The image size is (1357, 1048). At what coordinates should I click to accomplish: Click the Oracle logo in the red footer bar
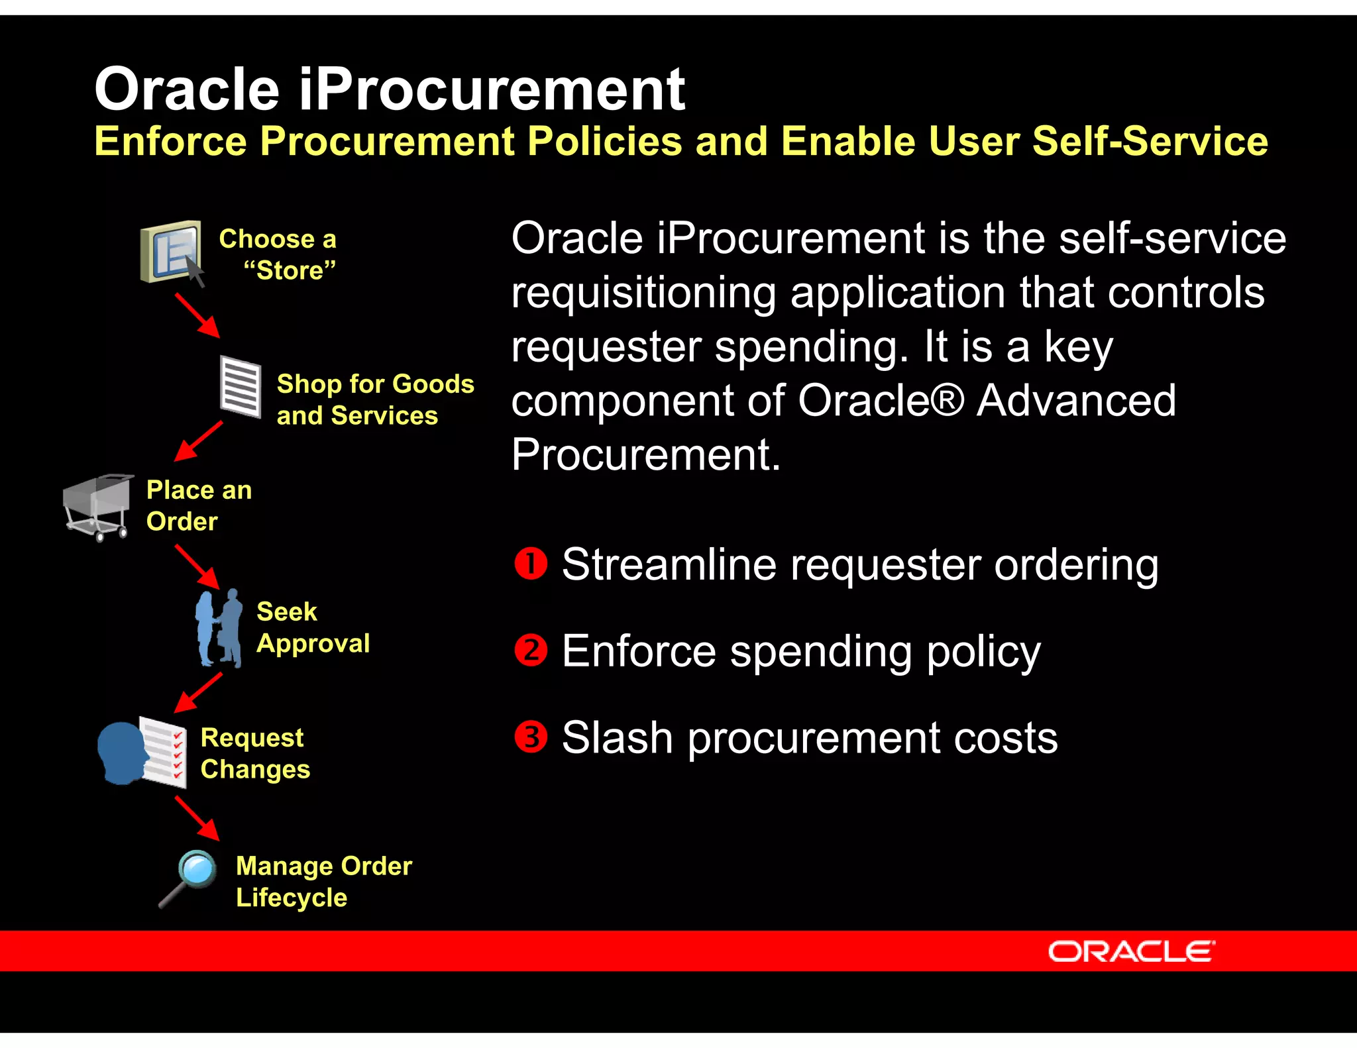coord(1131,951)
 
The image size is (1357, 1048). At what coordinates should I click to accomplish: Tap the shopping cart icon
coord(97,507)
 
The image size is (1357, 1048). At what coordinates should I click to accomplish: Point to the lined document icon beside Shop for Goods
coord(241,387)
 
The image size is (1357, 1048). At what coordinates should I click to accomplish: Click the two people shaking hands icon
coord(219,627)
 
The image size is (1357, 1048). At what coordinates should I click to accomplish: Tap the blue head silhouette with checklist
coord(142,752)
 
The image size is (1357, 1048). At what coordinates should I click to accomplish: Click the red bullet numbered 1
coord(531,564)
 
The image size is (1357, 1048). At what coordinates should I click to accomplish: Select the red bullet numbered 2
coord(531,651)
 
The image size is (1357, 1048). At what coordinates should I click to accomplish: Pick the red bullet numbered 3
coord(531,737)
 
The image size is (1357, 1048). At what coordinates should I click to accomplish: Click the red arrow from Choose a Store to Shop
coord(197,315)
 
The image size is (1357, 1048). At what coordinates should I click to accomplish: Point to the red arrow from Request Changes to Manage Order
coord(197,819)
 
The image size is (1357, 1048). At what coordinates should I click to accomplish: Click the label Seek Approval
coord(312,627)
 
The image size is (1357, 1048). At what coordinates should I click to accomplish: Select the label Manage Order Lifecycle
coord(323,881)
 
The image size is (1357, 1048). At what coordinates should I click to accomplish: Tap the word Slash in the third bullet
coord(617,737)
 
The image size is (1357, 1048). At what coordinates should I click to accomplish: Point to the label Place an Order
coord(198,505)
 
